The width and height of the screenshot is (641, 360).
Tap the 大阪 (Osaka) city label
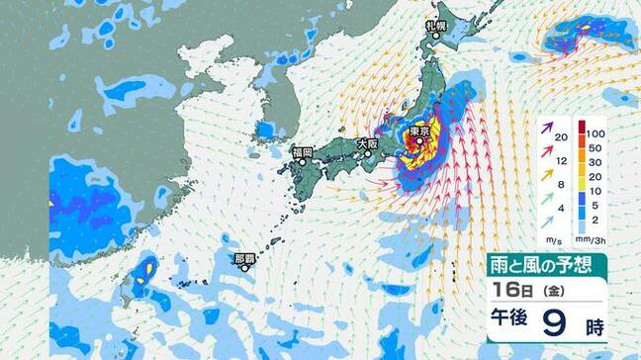point(368,143)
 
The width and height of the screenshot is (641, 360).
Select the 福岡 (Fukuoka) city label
point(302,152)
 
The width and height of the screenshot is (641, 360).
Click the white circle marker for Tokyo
point(419,142)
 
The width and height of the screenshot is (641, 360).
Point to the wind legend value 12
point(561,161)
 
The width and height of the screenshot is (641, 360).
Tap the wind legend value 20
point(561,137)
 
